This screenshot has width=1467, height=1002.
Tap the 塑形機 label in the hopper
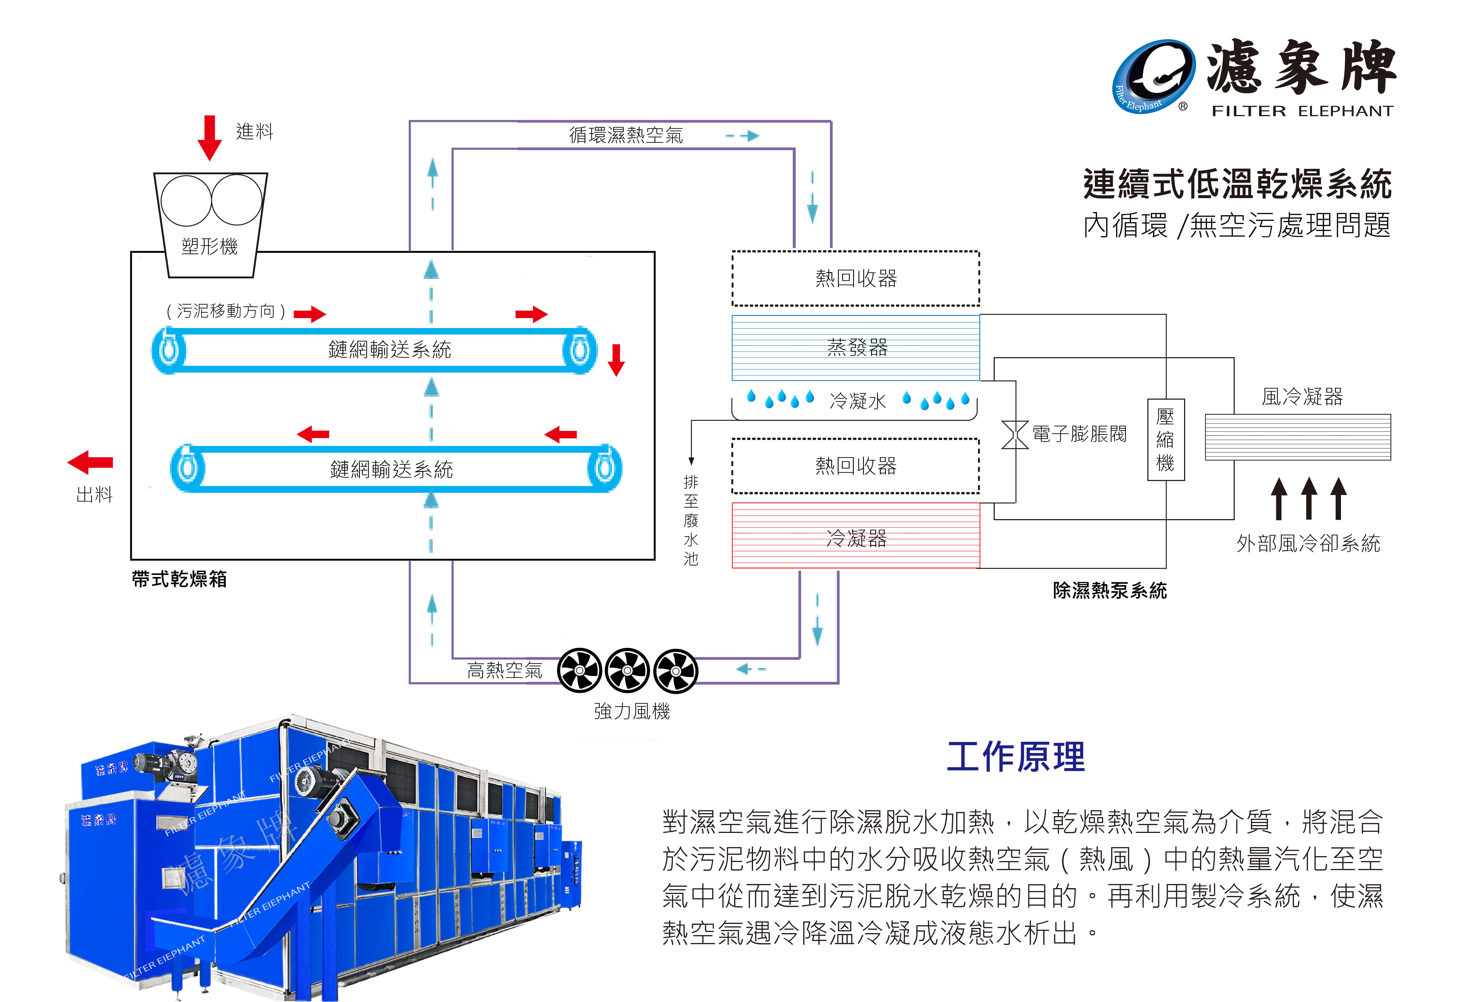[x=210, y=246]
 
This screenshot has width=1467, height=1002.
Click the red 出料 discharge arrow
[x=90, y=462]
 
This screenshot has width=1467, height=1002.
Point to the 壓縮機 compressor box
[x=1165, y=440]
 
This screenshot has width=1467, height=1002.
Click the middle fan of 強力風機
[x=627, y=671]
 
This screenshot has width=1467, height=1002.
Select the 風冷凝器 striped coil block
[x=1297, y=437]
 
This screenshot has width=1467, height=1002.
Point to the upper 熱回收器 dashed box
[x=855, y=278]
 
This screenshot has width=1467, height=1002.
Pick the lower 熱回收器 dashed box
[x=855, y=466]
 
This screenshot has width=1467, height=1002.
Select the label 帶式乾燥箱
[x=179, y=579]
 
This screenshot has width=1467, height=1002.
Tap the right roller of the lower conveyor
[x=604, y=468]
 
